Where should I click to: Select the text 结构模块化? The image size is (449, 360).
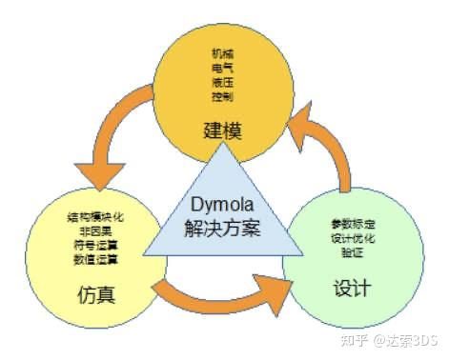pos(96,217)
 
